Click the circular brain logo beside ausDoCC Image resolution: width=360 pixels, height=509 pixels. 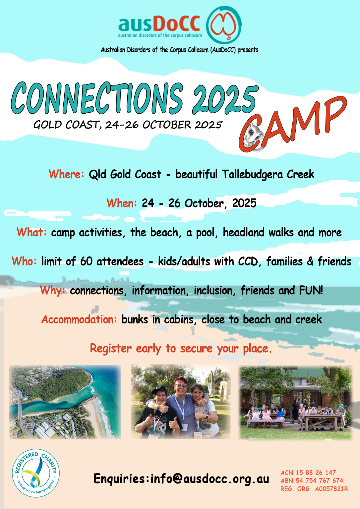click(224, 25)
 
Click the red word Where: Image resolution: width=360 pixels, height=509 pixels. click(66, 174)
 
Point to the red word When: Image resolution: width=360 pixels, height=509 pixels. click(122, 203)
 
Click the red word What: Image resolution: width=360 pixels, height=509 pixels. click(31, 232)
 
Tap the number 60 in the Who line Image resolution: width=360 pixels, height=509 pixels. click(86, 261)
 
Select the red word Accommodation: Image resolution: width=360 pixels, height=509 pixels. click(79, 319)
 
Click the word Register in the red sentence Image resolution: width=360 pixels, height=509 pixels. click(111, 349)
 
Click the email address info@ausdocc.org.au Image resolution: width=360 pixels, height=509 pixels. click(210, 479)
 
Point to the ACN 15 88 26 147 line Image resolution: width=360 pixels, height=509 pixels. click(308, 473)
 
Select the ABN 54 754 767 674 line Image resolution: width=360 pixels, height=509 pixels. click(312, 481)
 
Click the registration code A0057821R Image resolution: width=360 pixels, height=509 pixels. click(331, 489)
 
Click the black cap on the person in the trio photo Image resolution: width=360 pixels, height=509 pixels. click(159, 390)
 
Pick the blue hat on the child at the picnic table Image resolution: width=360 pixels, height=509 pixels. click(341, 406)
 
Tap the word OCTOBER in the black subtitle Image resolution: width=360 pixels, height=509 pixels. click(167, 125)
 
